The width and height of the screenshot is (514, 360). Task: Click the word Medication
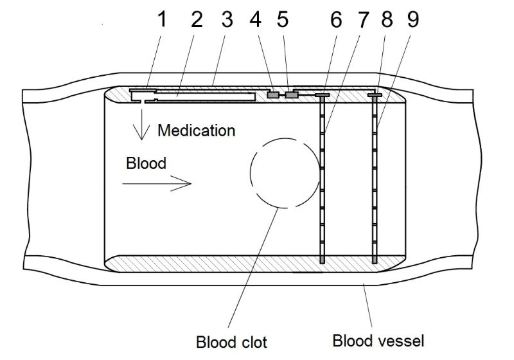[x=196, y=130]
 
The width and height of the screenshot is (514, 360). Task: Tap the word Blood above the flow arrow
[x=146, y=163]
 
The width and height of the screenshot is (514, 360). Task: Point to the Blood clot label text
[x=231, y=341]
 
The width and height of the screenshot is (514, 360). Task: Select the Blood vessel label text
[x=378, y=340]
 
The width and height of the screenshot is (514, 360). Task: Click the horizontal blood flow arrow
[x=157, y=184]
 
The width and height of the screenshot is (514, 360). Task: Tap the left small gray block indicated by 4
[x=273, y=95]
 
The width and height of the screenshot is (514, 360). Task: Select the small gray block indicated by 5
[x=292, y=95]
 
